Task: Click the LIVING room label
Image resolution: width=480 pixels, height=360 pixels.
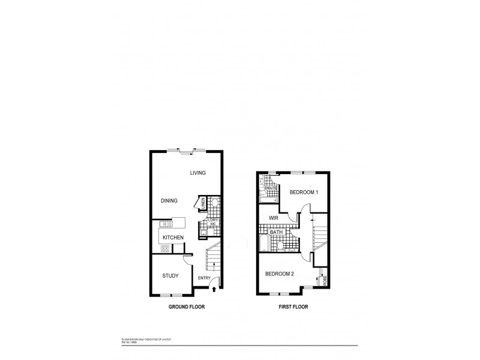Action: [198, 173]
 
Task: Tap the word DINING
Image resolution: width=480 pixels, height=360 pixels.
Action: [169, 201]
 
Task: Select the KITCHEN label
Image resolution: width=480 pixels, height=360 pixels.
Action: [173, 238]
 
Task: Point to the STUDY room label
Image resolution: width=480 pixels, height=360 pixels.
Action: [171, 275]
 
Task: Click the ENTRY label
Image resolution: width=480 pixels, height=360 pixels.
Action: [204, 278]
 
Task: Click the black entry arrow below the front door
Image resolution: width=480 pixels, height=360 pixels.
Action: [215, 290]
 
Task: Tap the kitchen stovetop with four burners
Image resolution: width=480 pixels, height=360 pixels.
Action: [164, 247]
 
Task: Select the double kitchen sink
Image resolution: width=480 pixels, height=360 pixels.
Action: [166, 224]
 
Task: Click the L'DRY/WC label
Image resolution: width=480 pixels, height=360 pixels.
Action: [212, 223]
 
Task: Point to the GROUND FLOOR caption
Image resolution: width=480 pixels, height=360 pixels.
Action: [186, 307]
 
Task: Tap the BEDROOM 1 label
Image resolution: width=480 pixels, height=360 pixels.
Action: [304, 192]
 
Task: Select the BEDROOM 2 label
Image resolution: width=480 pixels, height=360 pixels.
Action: [280, 274]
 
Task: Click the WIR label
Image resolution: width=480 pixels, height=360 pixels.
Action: [274, 218]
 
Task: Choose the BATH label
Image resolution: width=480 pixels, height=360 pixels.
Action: [276, 232]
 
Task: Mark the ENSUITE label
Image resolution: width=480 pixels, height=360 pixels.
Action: [271, 188]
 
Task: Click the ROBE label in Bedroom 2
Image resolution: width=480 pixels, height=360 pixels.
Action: [324, 280]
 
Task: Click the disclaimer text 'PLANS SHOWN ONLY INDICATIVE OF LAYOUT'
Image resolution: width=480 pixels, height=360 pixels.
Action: [146, 340]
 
